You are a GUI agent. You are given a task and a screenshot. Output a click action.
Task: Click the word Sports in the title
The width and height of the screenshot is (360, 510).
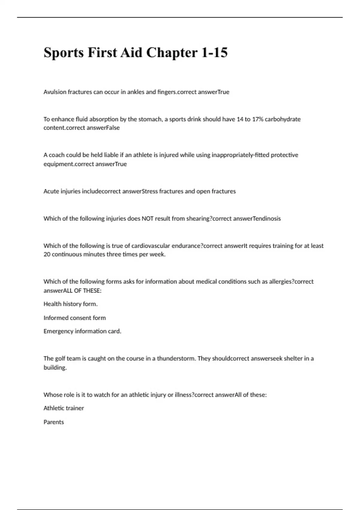pyautogui.click(x=64, y=53)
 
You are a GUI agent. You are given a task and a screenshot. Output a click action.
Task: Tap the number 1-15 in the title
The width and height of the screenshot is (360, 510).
pyautogui.click(x=214, y=53)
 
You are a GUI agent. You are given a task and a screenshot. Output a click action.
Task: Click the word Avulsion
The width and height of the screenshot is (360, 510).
pyautogui.click(x=55, y=92)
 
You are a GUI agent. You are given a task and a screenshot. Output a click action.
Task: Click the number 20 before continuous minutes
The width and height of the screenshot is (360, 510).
pyautogui.click(x=47, y=254)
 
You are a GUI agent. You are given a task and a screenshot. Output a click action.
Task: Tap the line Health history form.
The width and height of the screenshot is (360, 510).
pyautogui.click(x=70, y=304)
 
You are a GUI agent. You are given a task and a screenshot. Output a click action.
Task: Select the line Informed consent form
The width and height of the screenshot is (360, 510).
pyautogui.click(x=74, y=318)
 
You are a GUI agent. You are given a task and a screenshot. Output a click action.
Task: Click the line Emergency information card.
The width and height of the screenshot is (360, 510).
pyautogui.click(x=82, y=331)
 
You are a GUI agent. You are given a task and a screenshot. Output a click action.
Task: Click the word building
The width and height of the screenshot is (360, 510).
pyautogui.click(x=55, y=367)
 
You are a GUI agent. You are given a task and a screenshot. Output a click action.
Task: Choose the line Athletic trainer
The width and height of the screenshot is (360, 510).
pyautogui.click(x=64, y=408)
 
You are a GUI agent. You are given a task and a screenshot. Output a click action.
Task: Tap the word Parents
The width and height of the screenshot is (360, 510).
pyautogui.click(x=54, y=422)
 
